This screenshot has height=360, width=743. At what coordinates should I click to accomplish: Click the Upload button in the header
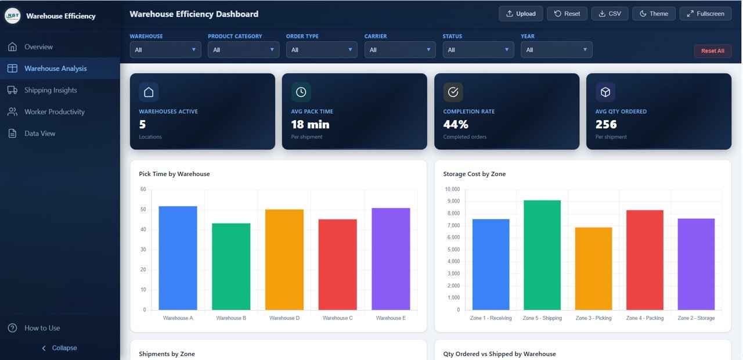pos(521,13)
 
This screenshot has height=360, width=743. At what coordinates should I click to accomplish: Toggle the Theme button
pos(654,13)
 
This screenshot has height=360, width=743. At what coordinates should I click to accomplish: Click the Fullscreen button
pos(705,13)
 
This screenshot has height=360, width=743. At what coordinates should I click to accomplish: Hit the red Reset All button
pos(712,51)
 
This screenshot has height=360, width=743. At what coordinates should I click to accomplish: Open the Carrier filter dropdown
pos(400,50)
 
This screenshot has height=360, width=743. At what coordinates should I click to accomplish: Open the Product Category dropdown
pos(243,50)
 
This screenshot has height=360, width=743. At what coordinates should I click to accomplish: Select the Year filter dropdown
pos(556,50)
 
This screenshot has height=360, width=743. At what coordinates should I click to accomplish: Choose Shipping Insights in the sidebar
pos(51,90)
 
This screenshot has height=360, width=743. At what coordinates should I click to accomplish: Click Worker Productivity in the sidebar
pos(54,111)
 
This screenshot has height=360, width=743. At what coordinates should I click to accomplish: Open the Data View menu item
pos(39,134)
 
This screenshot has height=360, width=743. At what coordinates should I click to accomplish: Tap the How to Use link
pos(42,328)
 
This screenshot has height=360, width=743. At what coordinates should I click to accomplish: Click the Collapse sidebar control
pos(59,348)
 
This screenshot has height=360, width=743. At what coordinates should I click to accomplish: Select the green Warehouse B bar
pos(231,267)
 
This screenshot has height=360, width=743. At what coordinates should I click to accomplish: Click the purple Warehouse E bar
pos(391,259)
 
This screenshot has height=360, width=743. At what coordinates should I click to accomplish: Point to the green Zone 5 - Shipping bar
pos(542,255)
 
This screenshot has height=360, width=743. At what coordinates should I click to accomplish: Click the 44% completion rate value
pos(456,124)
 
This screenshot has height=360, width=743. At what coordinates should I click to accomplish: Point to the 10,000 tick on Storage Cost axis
pos(452,189)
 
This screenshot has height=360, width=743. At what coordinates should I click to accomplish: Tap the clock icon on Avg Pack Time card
pos(301,92)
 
